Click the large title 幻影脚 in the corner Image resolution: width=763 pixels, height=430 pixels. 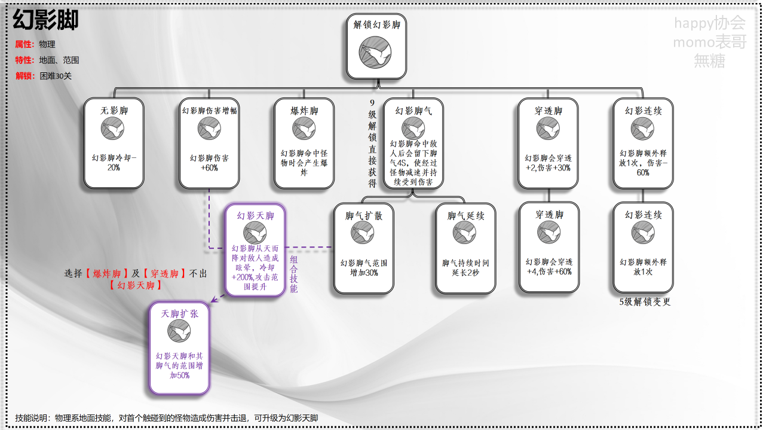(46, 21)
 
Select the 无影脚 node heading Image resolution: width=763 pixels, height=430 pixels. (114, 111)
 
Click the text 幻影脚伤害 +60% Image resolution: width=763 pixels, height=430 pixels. (209, 163)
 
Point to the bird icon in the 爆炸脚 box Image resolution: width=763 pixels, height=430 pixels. (304, 129)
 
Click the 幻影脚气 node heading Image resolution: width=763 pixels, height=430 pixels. (413, 111)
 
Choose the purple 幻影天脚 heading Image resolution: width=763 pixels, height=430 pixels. (255, 216)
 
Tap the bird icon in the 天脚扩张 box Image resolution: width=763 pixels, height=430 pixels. (179, 331)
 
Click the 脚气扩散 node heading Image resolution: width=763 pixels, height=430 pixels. (363, 215)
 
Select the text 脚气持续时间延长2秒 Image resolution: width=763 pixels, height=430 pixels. (465, 267)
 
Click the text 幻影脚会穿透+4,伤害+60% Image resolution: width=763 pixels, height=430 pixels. (548, 267)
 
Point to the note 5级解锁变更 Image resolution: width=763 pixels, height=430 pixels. (645, 302)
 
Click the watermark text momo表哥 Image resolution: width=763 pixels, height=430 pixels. (709, 42)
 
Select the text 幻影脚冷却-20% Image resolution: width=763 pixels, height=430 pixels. (114, 163)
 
